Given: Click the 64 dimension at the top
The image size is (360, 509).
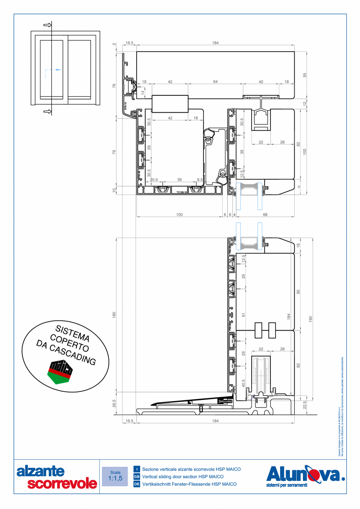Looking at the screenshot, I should click(x=215, y=82).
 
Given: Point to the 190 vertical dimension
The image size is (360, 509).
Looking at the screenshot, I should click(x=311, y=319).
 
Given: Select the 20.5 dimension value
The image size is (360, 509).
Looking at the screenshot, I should click(x=154, y=180).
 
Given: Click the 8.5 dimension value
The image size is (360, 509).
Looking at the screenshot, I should click(x=200, y=180).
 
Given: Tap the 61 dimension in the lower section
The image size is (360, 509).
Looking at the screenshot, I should click(x=243, y=314).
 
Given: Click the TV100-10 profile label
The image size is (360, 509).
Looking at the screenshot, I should click(x=181, y=192).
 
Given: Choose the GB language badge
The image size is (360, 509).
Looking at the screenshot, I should click(x=137, y=477).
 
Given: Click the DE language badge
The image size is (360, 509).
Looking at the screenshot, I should click(x=137, y=484).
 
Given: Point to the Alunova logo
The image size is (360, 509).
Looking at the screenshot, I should click(x=305, y=476).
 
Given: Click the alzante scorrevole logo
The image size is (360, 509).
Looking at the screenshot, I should click(x=56, y=477).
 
